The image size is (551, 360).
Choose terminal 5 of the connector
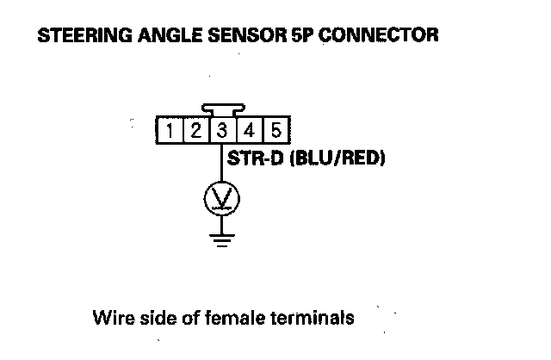tap(275, 131)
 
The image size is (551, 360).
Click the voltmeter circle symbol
tap(221, 200)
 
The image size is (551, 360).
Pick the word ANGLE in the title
tap(157, 37)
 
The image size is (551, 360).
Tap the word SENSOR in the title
tap(231, 37)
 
